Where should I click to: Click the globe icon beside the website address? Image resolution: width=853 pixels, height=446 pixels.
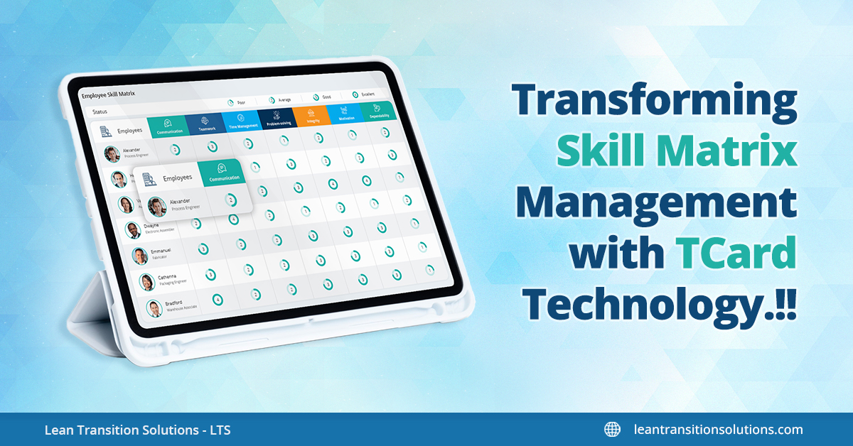[612, 429]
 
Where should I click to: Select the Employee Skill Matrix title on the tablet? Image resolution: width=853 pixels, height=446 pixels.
[108, 94]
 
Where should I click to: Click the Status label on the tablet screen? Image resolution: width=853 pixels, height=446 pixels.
[100, 111]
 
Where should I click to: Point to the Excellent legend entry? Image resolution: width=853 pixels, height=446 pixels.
[366, 94]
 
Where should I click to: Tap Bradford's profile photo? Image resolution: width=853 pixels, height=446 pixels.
[154, 308]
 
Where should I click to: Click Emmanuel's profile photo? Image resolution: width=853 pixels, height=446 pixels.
[139, 256]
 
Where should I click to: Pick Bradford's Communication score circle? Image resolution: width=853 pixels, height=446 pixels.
[218, 300]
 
